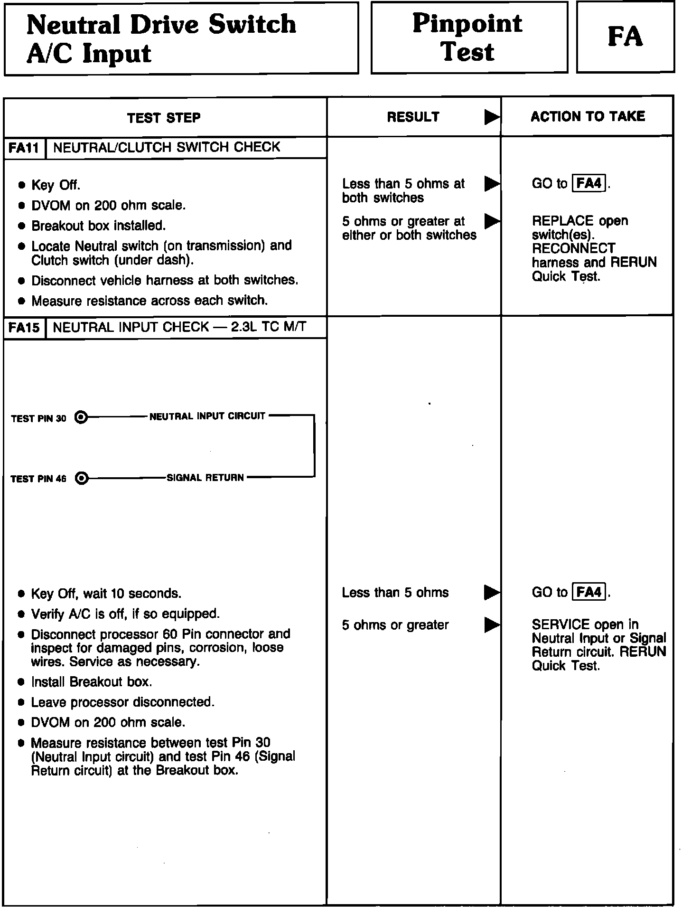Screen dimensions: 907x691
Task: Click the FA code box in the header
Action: click(625, 37)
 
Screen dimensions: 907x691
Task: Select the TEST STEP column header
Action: click(164, 117)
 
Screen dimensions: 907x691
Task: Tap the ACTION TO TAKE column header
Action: click(588, 116)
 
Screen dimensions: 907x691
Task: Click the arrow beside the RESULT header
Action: click(492, 117)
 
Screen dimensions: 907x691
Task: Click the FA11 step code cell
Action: click(24, 148)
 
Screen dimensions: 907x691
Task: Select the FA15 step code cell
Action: click(24, 328)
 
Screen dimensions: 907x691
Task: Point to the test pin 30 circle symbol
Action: click(82, 417)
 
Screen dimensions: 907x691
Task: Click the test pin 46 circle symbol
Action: click(82, 478)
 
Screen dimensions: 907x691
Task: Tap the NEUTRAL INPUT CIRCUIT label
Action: click(207, 416)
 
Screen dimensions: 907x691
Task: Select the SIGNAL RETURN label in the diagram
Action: click(205, 478)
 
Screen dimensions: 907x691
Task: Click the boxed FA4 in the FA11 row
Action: click(589, 183)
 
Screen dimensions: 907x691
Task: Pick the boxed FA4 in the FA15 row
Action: click(589, 592)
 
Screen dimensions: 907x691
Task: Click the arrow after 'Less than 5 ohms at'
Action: click(492, 183)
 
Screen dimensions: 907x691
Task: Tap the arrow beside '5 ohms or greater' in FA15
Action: click(492, 625)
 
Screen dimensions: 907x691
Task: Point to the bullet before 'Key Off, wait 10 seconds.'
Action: click(21, 594)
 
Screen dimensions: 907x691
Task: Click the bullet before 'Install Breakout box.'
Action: click(21, 682)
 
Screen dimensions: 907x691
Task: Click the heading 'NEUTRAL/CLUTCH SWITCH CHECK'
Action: click(167, 147)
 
